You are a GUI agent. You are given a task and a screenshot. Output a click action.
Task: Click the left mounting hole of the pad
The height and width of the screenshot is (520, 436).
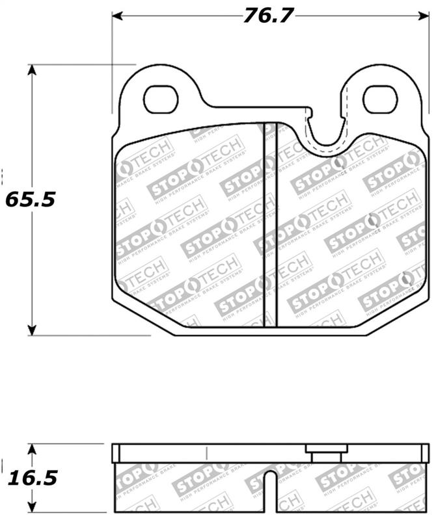pos(160,99)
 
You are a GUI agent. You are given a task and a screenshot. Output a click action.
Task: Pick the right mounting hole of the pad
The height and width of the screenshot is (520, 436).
pos(379,98)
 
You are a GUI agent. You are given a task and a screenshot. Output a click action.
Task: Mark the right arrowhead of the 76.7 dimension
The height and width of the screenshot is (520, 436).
pos(423,16)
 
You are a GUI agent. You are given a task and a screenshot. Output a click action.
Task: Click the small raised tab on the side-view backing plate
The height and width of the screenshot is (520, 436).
pos(327,453)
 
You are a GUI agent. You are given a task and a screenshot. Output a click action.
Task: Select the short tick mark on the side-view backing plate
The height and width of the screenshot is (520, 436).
pos(206,453)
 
